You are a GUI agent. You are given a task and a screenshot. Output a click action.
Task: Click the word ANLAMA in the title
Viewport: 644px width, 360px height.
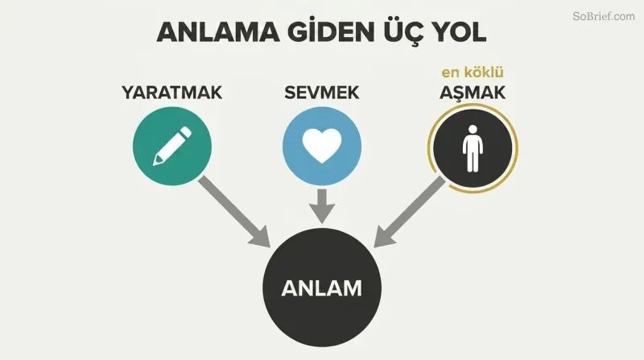point(218,32)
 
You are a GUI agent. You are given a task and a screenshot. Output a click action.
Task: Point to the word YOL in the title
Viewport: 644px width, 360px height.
point(459,32)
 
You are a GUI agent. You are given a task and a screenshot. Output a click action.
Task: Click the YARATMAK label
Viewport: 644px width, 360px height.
point(172,93)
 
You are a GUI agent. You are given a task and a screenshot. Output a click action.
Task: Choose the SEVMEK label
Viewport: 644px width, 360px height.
point(321,93)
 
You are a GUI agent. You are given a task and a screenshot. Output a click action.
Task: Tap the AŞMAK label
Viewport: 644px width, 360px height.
point(473,93)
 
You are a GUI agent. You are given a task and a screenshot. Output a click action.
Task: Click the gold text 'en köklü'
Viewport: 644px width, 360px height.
point(473,72)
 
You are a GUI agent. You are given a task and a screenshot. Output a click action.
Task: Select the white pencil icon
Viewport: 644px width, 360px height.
point(172,147)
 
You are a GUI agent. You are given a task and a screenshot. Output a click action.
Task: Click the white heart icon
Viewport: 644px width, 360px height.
point(322,146)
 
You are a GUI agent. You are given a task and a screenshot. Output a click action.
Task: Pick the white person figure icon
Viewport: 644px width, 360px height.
point(473,148)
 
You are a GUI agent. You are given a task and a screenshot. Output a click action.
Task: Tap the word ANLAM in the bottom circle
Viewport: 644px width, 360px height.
point(321,288)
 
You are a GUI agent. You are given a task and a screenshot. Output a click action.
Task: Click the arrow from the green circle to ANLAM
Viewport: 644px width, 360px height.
point(234,212)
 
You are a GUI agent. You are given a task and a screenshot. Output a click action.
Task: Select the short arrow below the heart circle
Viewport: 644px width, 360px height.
point(322,206)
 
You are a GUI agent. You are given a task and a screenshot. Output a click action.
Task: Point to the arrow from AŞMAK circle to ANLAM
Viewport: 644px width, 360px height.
point(410,212)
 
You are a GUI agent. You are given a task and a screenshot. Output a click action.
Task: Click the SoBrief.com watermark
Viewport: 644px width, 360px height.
point(604,16)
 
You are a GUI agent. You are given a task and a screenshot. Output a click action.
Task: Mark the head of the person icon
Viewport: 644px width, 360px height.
point(473,129)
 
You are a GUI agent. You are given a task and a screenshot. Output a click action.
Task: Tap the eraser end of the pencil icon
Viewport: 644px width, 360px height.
point(186,132)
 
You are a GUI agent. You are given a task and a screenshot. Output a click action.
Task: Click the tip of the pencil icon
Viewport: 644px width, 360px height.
point(155,164)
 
